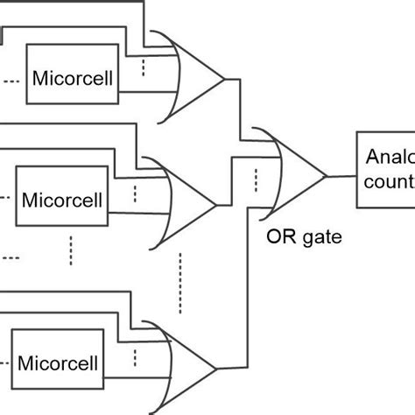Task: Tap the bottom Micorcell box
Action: point(58,361)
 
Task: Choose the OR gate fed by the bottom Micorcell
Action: point(183,360)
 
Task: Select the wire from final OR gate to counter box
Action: point(341,175)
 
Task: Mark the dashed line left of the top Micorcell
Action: point(12,81)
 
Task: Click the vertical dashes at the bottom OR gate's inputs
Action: point(135,360)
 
